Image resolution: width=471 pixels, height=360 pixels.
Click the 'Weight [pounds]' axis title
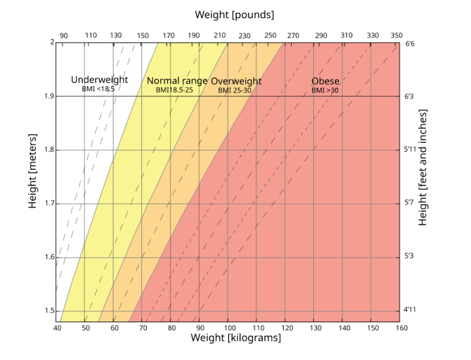pyautogui.click(x=234, y=14)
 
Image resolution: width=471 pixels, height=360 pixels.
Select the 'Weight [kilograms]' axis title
pyautogui.click(x=236, y=338)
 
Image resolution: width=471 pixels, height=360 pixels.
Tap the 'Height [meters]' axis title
pyautogui.click(x=32, y=176)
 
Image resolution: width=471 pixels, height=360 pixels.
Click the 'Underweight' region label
pyautogui.click(x=99, y=80)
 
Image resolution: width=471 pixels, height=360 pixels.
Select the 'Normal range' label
pyautogui.click(x=177, y=81)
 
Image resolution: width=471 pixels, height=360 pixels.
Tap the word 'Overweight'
pyautogui.click(x=236, y=81)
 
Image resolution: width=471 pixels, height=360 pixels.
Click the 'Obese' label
pyautogui.click(x=325, y=81)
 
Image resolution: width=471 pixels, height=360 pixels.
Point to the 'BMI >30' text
pyautogui.click(x=325, y=90)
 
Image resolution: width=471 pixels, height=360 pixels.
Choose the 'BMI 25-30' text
pyautogui.click(x=234, y=90)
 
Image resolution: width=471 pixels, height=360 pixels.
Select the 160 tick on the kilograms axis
pyautogui.click(x=400, y=328)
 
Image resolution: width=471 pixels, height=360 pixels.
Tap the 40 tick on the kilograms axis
pyautogui.click(x=57, y=328)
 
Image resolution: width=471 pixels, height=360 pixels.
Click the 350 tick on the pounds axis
pyautogui.click(x=397, y=35)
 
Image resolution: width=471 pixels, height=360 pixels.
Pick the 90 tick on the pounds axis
pyautogui.click(x=64, y=35)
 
